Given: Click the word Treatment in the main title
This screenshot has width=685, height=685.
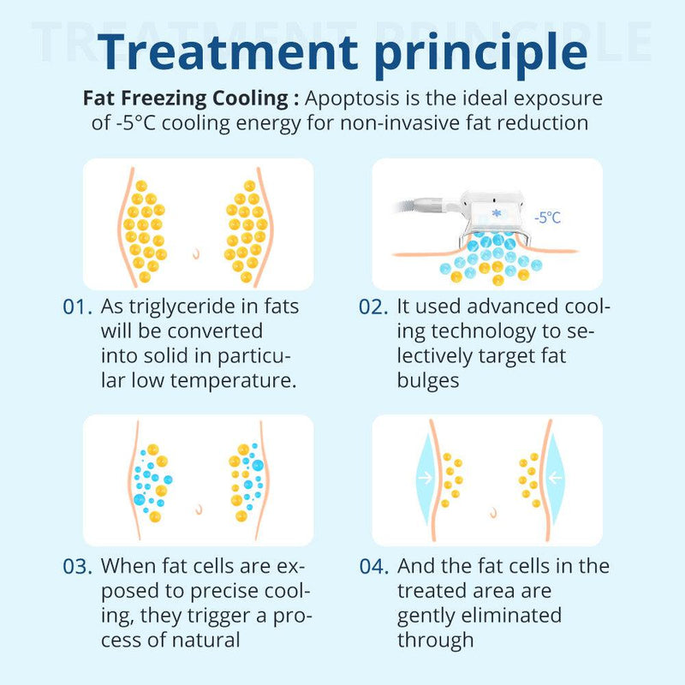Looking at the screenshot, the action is [x=228, y=51].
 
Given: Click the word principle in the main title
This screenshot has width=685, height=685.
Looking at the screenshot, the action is [x=481, y=55].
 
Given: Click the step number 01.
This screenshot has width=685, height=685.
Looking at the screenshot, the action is [x=77, y=307].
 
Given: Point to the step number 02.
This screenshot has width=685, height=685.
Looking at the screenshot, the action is [x=373, y=307].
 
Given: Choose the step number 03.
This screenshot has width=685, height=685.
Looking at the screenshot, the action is [x=77, y=566].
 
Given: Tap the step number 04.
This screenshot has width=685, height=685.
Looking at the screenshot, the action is [x=374, y=566].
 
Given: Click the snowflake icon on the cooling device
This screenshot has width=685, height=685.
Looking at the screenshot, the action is [x=497, y=213].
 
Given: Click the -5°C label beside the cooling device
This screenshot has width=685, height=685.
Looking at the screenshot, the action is [x=547, y=217].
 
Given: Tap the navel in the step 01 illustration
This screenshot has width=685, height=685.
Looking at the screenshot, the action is [x=196, y=253].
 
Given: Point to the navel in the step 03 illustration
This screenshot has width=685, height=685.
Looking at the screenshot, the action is [x=199, y=509].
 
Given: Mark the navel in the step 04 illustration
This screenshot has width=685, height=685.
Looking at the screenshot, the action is [x=494, y=512].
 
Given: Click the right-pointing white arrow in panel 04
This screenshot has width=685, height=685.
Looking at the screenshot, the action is [x=426, y=478].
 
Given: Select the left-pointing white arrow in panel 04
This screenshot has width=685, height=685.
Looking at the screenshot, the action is [x=555, y=478].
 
